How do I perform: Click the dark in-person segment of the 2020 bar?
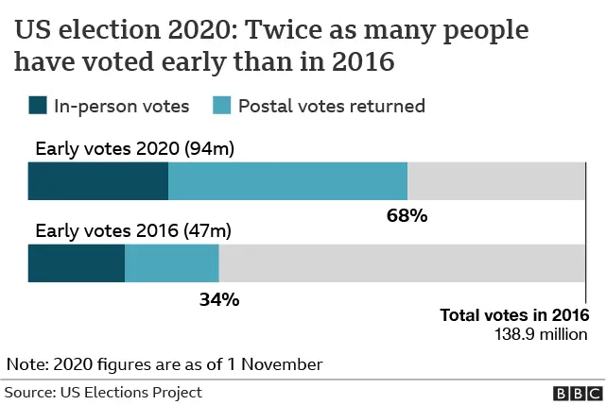[97, 181]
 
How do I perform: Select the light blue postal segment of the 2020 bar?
[287, 181]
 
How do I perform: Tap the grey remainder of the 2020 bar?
[496, 181]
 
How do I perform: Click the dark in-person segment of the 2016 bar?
[76, 263]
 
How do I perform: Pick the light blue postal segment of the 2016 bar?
[171, 263]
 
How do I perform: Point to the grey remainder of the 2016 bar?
[402, 263]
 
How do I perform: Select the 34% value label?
[218, 299]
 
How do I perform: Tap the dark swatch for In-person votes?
[38, 106]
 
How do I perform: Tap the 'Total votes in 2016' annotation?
[514, 315]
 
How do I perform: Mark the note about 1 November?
[164, 363]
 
